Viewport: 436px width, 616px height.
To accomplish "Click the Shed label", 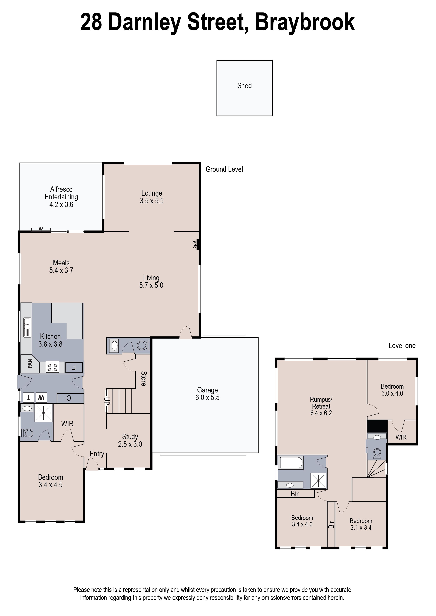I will (244, 86).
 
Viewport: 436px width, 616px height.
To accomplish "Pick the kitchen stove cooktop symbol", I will (53, 367).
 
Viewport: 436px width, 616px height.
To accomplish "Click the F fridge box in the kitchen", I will (74, 367).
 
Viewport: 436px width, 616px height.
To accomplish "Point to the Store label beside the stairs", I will (144, 378).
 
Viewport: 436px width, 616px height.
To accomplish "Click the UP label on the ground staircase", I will (107, 401).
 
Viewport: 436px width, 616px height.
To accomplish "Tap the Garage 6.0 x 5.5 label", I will (207, 394).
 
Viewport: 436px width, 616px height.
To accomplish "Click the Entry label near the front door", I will (97, 454).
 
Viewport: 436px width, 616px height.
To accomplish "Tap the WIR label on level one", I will (401, 437).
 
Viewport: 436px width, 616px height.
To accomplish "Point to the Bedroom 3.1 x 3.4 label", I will (361, 524).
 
